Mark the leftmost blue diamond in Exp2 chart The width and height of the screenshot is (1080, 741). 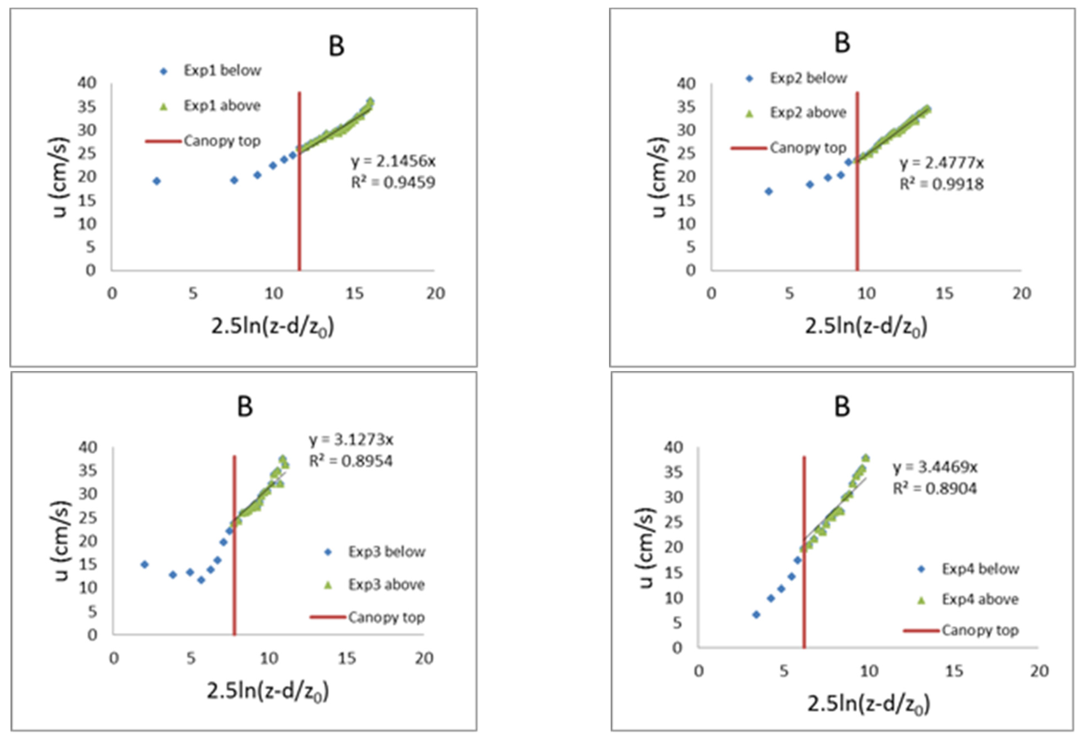(x=769, y=191)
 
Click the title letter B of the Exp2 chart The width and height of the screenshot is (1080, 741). (x=842, y=43)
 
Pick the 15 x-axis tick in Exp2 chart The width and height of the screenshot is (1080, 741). (x=944, y=294)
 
